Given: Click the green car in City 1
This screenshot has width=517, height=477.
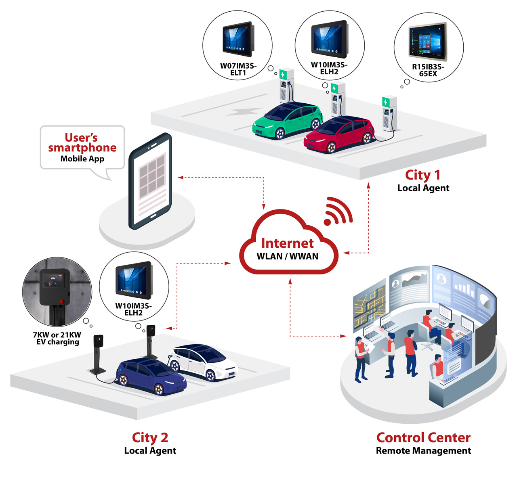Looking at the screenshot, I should pyautogui.click(x=288, y=121).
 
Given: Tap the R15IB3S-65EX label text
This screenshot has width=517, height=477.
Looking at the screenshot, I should pyautogui.click(x=428, y=70).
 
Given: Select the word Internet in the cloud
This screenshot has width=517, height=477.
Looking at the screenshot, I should pyautogui.click(x=287, y=243).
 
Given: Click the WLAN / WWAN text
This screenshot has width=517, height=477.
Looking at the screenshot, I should pyautogui.click(x=287, y=256).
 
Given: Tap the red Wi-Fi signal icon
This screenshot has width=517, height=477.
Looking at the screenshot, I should pyautogui.click(x=338, y=212).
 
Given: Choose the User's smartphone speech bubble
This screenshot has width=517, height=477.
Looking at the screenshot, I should pyautogui.click(x=82, y=148).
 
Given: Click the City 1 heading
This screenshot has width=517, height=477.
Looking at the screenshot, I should pyautogui.click(x=422, y=175).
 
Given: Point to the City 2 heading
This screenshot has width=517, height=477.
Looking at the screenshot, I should pyautogui.click(x=150, y=437).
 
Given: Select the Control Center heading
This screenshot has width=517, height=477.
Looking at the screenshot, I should pyautogui.click(x=423, y=437).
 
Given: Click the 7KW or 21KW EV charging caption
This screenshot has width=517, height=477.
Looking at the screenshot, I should pyautogui.click(x=57, y=338).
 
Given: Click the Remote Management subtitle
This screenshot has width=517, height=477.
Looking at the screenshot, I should pyautogui.click(x=423, y=451).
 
